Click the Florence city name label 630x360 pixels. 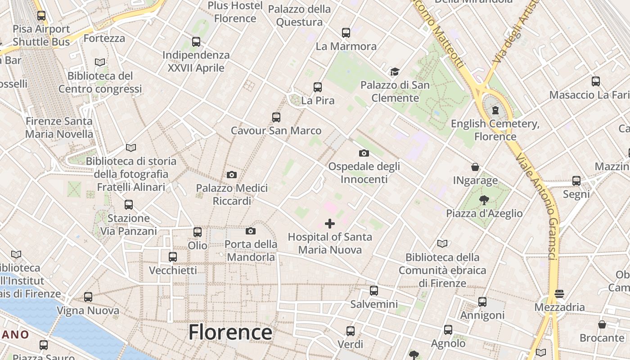[230, 333]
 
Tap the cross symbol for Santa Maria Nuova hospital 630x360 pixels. [330, 223]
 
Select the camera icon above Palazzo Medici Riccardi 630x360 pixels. [232, 175]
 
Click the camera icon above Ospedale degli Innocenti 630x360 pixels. [364, 153]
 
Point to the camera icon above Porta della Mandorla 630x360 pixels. [251, 231]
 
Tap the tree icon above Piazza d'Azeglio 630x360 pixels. [484, 200]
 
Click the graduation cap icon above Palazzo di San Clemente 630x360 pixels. [395, 72]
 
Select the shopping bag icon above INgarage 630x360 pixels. [475, 167]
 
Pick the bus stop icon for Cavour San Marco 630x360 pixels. [276, 117]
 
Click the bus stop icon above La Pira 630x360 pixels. [318, 87]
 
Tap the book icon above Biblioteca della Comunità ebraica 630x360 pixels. [442, 243]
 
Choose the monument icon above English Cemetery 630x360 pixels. [495, 110]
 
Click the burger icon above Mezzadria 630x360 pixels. [559, 294]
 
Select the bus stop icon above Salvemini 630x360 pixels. [374, 291]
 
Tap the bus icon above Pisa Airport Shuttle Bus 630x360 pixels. [41, 16]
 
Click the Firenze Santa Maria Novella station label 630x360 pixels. [59, 127]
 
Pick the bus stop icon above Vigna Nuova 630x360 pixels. [88, 297]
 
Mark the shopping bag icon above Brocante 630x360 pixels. [602, 324]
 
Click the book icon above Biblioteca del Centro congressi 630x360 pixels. [100, 62]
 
